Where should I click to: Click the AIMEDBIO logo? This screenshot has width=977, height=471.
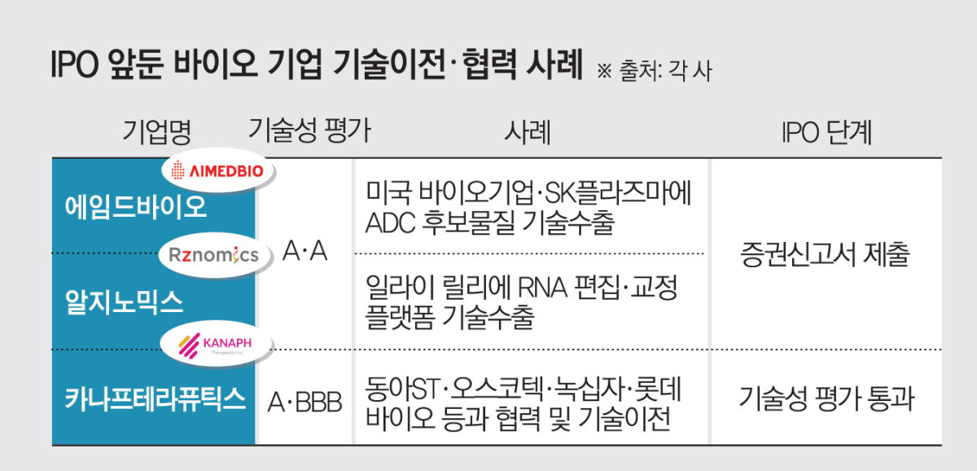[219, 170]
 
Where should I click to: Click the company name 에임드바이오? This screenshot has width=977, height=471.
[136, 207]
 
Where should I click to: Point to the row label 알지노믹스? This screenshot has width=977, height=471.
[124, 302]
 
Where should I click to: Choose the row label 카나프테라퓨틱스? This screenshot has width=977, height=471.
[155, 399]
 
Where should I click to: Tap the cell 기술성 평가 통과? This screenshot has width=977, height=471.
[826, 399]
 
